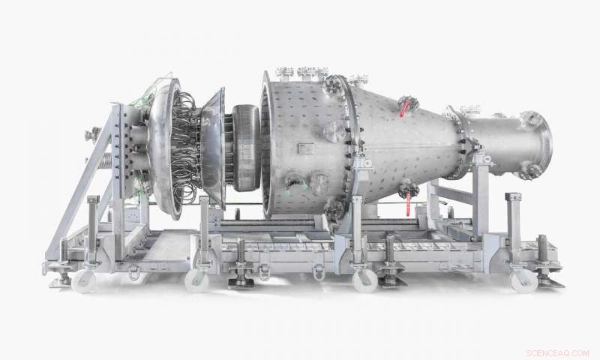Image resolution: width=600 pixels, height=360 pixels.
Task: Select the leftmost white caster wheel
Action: click(x=82, y=280)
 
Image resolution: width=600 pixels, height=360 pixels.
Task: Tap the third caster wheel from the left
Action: click(x=365, y=280)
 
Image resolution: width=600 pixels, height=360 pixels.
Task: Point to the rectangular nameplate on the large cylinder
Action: click(x=305, y=148)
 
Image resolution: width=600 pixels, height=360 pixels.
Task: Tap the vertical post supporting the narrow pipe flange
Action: click(x=480, y=202)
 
